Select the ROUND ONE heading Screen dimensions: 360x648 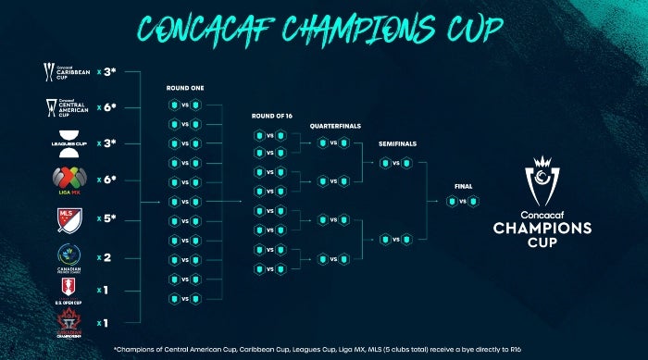pos(185,89)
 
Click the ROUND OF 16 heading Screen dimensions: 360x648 pos(270,117)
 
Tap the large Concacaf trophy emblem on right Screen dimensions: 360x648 pos(542,184)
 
